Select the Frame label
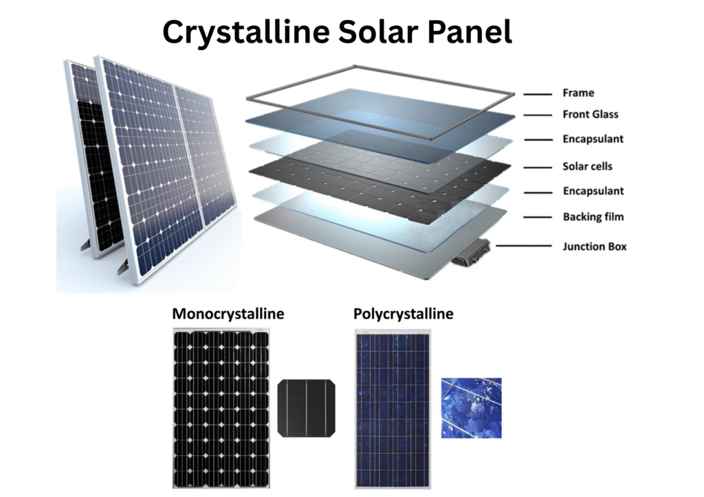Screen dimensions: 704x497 click(578, 93)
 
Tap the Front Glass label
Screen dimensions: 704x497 click(591, 114)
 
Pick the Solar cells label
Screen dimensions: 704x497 click(587, 166)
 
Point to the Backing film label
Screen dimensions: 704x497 click(593, 217)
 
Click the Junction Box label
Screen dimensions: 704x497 click(595, 246)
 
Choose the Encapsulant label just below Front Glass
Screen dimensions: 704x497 click(593, 139)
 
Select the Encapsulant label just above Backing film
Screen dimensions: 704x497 click(593, 192)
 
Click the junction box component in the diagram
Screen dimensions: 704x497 click(472, 253)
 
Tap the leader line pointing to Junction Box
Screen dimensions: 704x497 click(523, 246)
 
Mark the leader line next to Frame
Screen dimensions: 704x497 click(538, 94)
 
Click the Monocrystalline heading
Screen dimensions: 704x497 click(228, 314)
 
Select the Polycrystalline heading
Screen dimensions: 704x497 click(403, 314)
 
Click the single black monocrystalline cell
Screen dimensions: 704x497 click(307, 408)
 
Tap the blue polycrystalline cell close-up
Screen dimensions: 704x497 click(472, 408)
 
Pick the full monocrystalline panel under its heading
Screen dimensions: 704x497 click(221, 408)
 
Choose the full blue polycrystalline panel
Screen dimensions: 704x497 click(393, 408)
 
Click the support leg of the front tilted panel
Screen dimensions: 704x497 click(122, 268)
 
